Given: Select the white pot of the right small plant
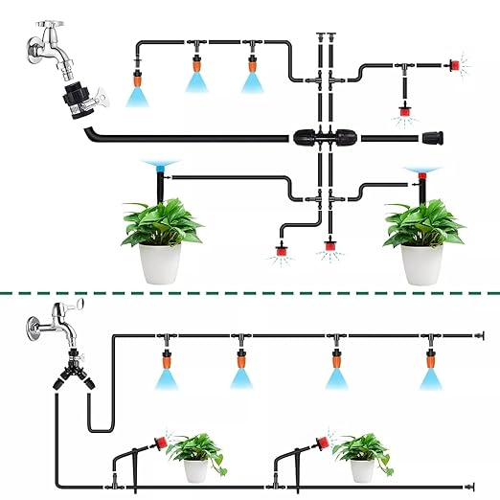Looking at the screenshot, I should point(361,469).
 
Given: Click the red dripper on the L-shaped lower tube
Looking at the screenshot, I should point(282,251).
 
